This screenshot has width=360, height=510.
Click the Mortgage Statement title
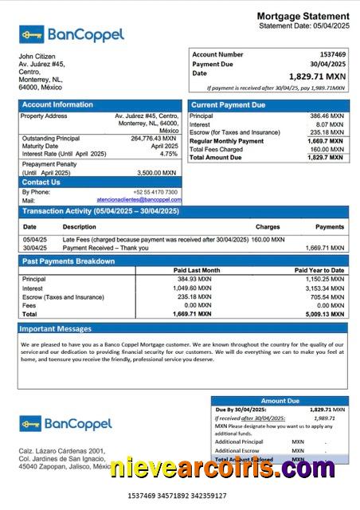tap(303, 16)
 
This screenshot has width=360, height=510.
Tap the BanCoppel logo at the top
tap(72, 34)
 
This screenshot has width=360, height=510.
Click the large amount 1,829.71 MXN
tap(317, 76)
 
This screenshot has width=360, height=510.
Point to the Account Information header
tap(57, 104)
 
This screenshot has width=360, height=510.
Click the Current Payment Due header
tap(229, 104)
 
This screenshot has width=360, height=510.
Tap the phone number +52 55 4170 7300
tap(155, 192)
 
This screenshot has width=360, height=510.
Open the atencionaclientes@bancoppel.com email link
tap(139, 200)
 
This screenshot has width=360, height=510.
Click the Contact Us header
tap(41, 182)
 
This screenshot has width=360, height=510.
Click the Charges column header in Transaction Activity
tap(268, 226)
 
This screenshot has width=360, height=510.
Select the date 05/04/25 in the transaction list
tap(34, 239)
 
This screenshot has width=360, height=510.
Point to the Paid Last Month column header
tap(196, 270)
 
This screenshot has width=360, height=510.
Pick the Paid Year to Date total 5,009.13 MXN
tap(325, 314)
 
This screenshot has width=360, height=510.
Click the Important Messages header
tap(56, 328)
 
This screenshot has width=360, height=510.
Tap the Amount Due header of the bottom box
tap(280, 401)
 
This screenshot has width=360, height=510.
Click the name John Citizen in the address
tap(37, 57)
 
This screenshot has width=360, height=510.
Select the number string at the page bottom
tap(176, 496)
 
